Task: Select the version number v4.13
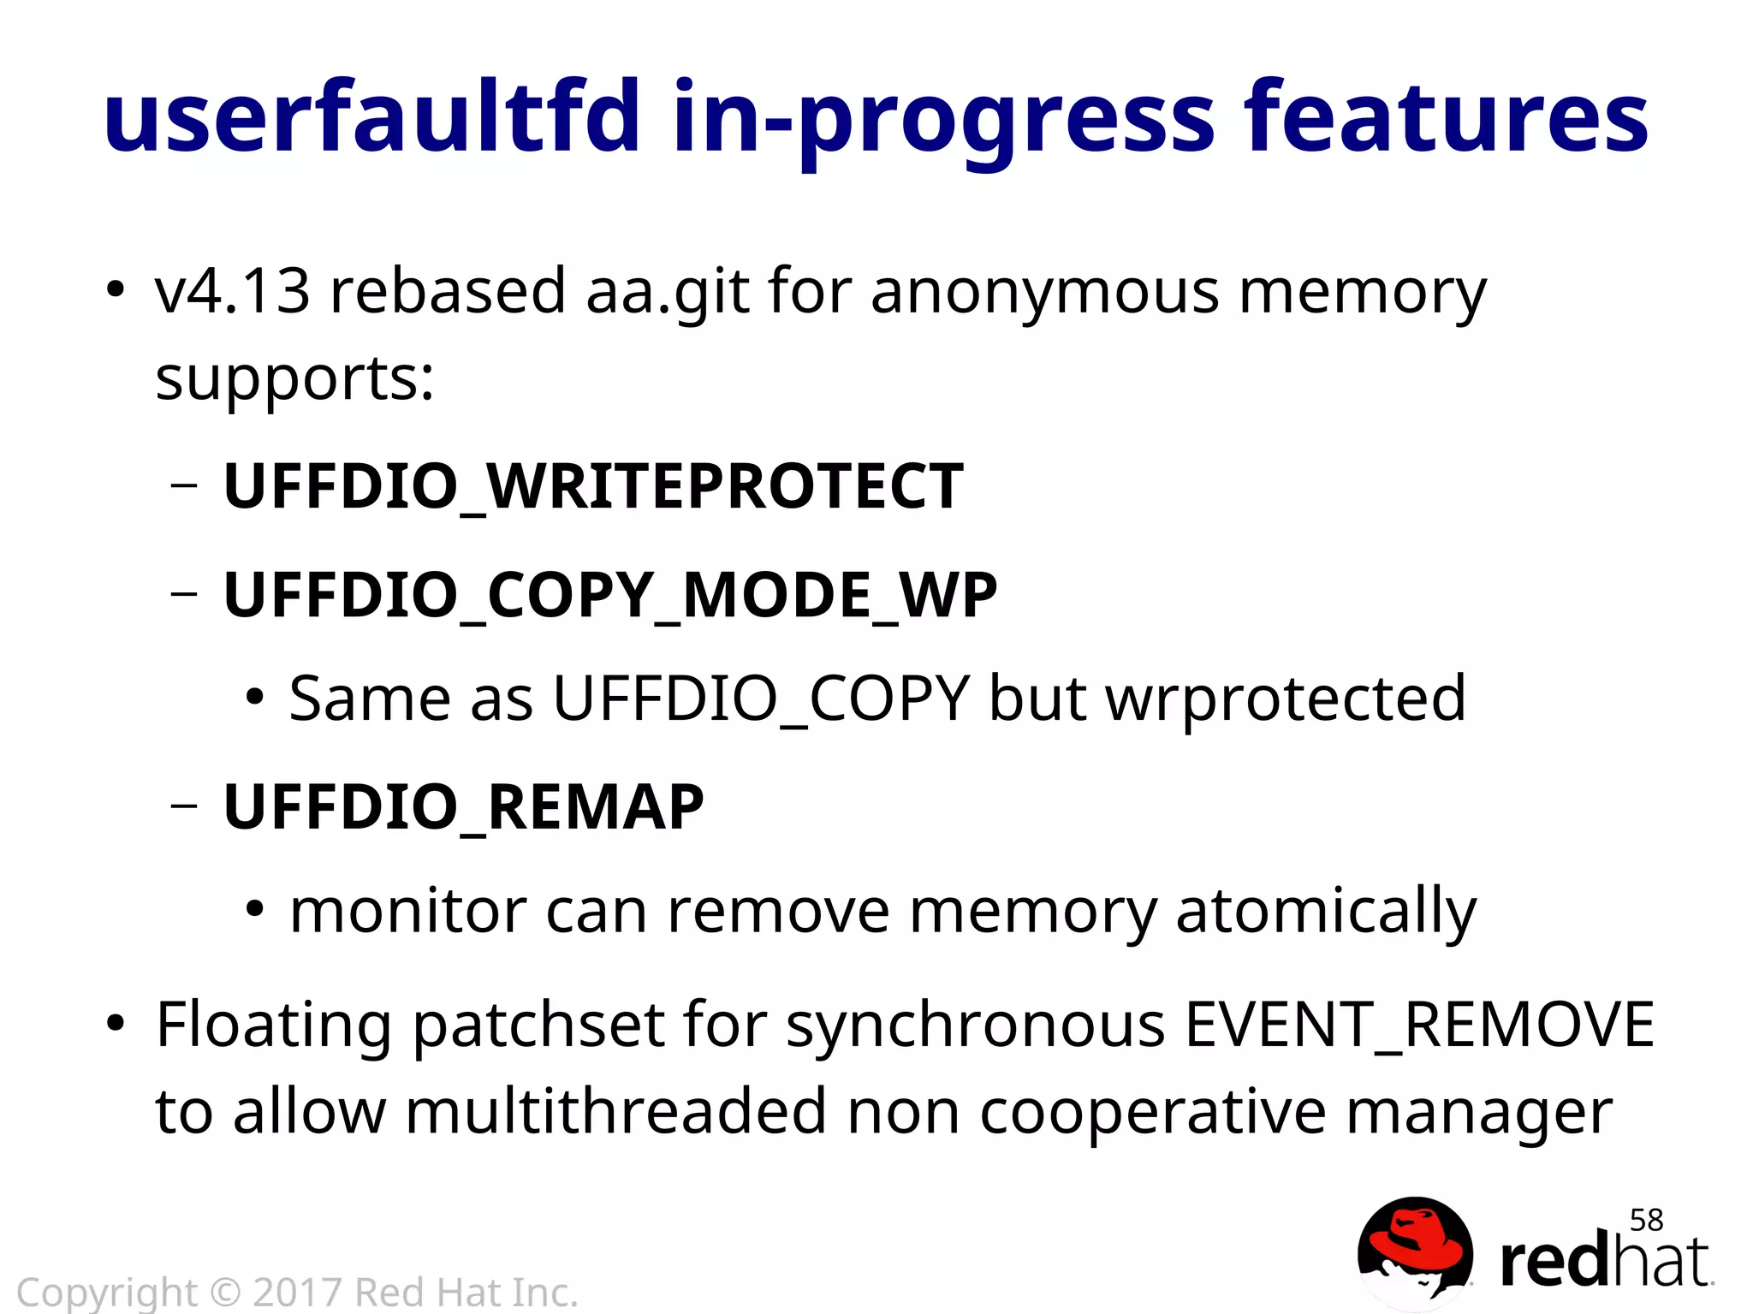232,290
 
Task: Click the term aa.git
667,292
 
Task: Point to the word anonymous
1044,292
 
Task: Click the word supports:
294,378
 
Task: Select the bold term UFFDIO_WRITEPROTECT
593,486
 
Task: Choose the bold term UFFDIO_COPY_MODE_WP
610,594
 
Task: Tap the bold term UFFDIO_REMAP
463,806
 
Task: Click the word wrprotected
1286,699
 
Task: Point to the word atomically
1326,911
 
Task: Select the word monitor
407,911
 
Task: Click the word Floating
273,1025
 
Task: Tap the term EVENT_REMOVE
1418,1025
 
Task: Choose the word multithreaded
615,1112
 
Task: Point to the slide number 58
1646,1220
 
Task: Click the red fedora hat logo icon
1415,1252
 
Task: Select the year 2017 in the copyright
297,1292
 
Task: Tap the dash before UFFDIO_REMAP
184,806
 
